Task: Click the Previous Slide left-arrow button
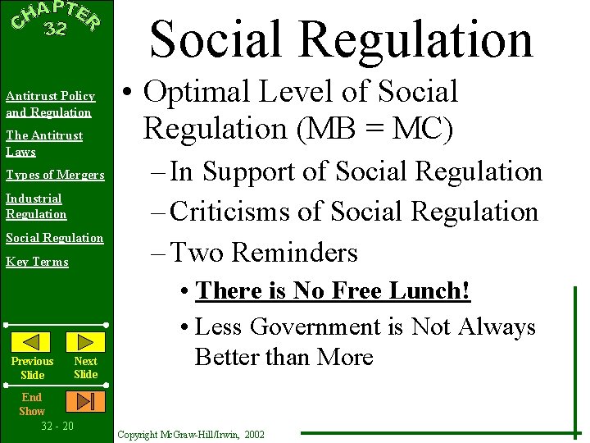(32, 341)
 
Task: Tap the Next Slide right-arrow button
(84, 341)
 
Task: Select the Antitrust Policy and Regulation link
(49, 104)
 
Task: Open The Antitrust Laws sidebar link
(44, 143)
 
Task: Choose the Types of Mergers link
(55, 175)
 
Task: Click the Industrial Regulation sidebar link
(36, 206)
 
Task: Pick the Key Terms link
(37, 262)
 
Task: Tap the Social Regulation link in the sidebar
(54, 238)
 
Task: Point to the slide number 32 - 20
(57, 426)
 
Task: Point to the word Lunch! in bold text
(443, 290)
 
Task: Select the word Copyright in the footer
(140, 434)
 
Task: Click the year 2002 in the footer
(254, 434)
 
